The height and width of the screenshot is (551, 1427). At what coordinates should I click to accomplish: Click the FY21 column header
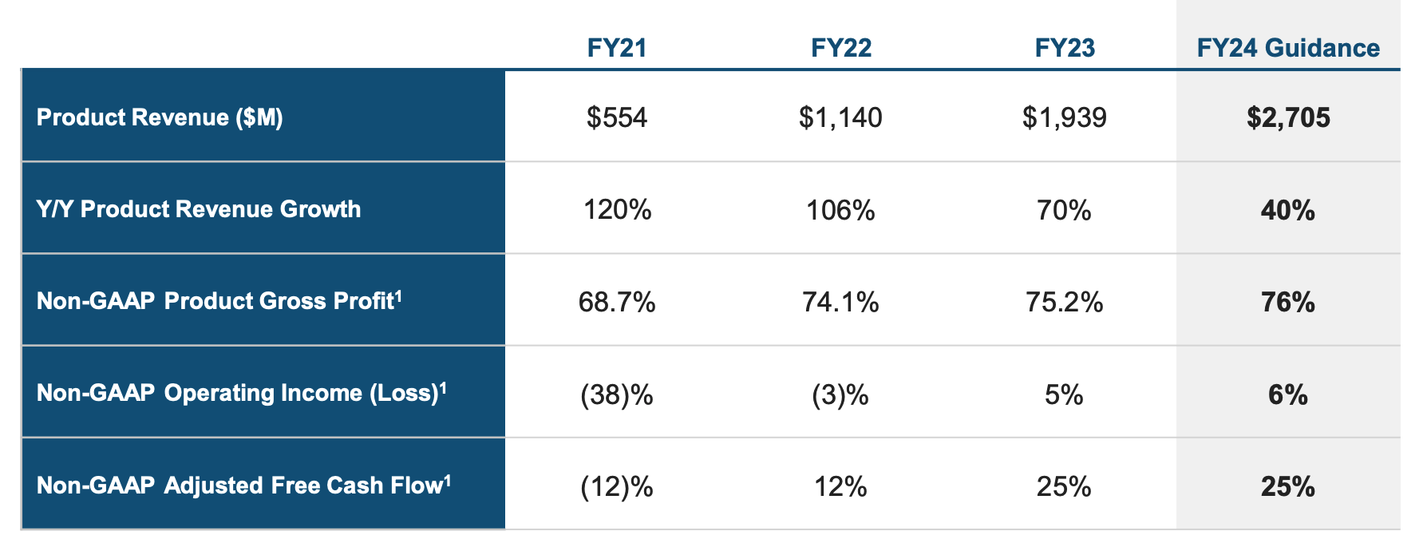click(616, 48)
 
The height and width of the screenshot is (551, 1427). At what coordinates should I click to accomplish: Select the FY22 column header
click(840, 48)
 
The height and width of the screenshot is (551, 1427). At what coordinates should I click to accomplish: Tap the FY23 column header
click(1065, 48)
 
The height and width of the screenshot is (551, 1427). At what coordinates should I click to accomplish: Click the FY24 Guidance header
click(1287, 48)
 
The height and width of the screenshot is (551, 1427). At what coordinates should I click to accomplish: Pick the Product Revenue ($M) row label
click(160, 117)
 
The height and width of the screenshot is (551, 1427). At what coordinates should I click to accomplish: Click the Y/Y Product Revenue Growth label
click(199, 209)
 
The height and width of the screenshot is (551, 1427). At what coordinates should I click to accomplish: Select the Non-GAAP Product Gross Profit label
click(219, 301)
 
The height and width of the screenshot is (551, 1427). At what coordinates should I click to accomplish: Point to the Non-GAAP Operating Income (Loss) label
click(241, 393)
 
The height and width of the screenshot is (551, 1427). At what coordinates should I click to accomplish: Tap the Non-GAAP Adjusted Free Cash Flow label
click(243, 485)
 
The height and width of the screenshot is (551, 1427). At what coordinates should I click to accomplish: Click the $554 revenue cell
click(616, 118)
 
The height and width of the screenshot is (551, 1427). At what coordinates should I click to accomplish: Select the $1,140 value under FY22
click(840, 118)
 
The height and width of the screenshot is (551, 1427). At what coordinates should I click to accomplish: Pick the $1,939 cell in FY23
click(1065, 118)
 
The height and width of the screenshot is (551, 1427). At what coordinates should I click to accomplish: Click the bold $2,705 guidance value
click(1288, 118)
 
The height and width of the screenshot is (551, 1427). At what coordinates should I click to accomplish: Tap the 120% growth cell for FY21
click(617, 210)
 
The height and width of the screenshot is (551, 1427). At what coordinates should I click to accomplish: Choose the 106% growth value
click(840, 210)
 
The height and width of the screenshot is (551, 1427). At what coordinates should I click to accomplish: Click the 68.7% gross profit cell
click(617, 302)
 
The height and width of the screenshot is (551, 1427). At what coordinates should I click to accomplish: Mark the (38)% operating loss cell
click(617, 394)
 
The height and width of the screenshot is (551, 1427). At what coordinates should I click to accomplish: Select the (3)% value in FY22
click(840, 394)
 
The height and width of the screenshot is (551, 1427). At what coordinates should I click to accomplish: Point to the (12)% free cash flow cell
click(617, 486)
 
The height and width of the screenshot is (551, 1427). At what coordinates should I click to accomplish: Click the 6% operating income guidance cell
click(1288, 394)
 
